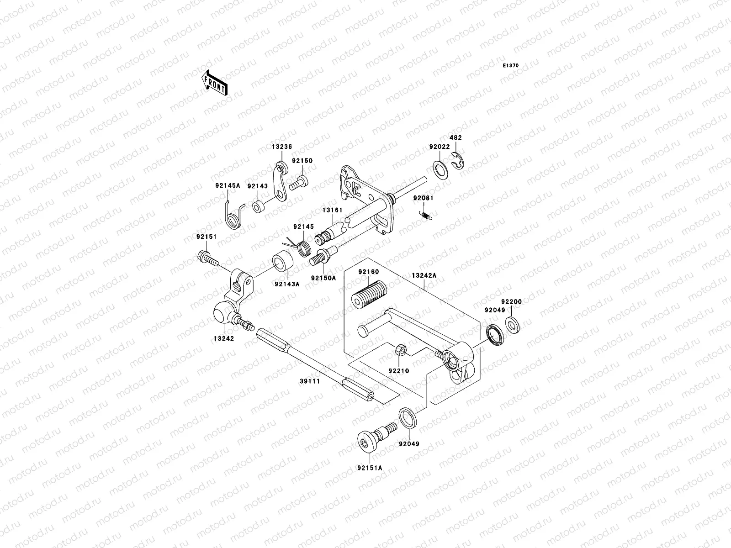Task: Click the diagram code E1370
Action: click(511, 66)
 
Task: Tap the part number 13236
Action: click(282, 147)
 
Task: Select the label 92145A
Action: click(228, 186)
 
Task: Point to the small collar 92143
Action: click(258, 206)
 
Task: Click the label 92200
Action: click(511, 302)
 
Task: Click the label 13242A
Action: click(424, 276)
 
